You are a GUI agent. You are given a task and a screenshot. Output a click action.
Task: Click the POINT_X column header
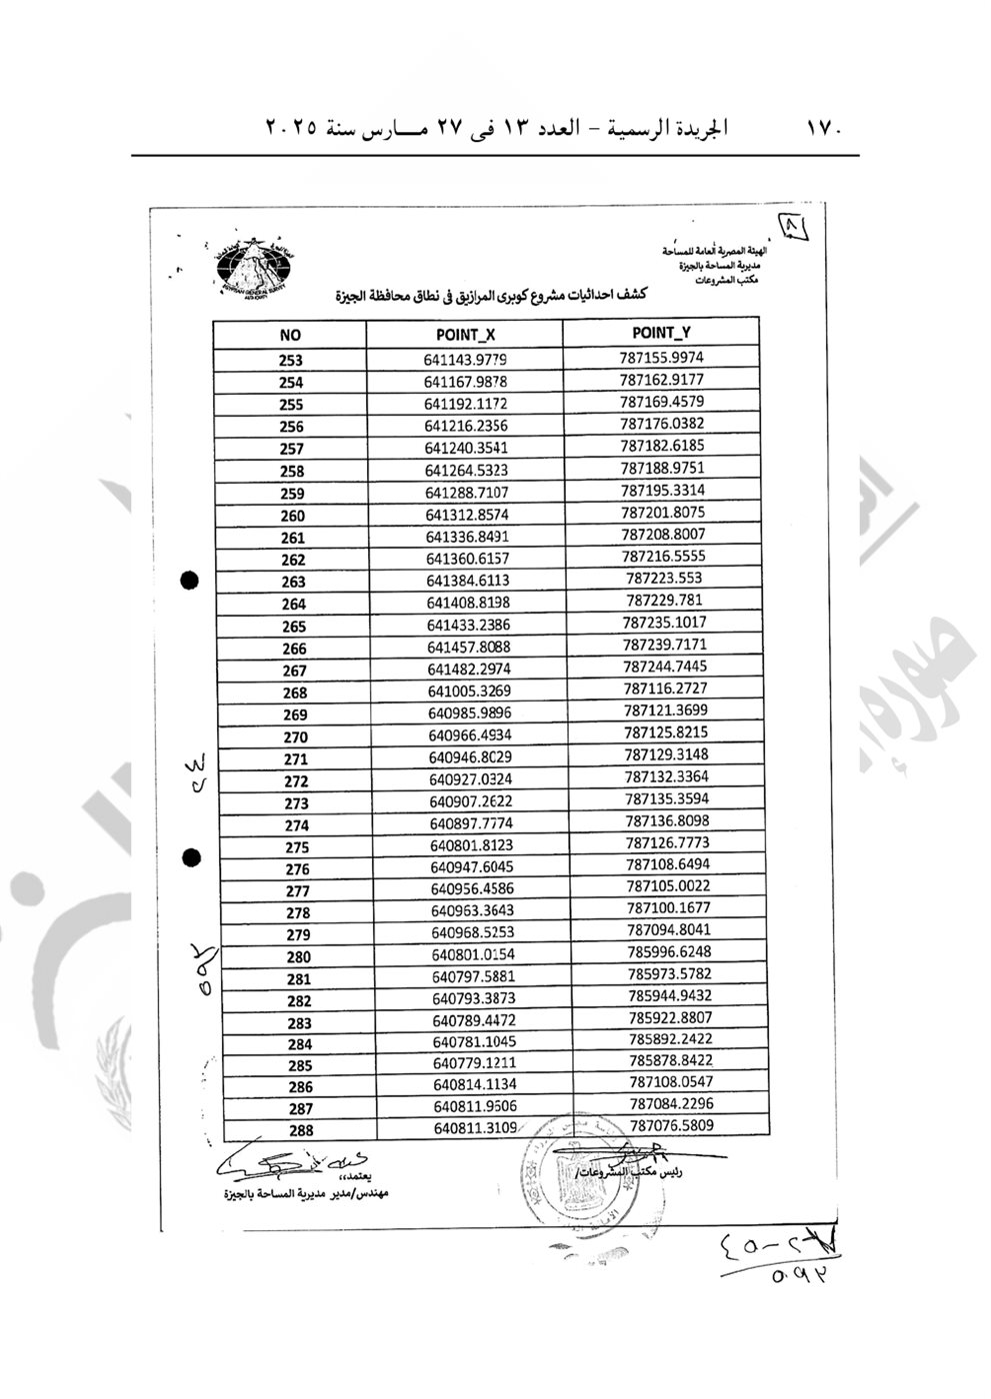[x=465, y=336]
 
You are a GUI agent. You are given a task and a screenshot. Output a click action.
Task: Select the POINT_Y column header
[x=661, y=333]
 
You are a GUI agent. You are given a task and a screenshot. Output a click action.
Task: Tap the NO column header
[x=290, y=336]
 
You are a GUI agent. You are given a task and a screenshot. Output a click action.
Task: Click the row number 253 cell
[x=291, y=361]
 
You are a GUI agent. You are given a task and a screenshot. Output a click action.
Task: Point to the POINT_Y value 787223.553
[x=664, y=578]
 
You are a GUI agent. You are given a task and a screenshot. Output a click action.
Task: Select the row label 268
[x=295, y=693]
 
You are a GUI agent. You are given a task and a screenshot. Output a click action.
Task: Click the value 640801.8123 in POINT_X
[x=471, y=845]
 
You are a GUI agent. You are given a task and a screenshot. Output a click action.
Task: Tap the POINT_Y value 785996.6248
[x=669, y=951]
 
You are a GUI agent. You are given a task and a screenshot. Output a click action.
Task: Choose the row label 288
[x=299, y=1130]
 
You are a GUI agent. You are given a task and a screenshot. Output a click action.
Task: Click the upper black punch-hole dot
[x=189, y=580]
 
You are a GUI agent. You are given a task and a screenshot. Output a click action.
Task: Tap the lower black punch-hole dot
[x=192, y=856]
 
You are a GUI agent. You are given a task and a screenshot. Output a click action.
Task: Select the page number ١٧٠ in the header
[x=826, y=128]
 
